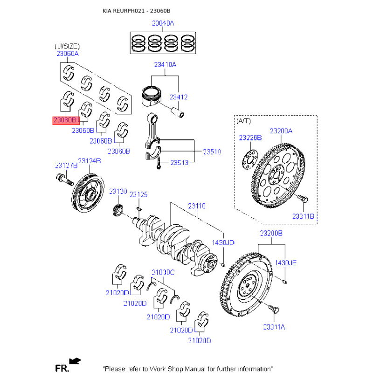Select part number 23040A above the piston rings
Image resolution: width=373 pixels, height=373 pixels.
coord(162,23)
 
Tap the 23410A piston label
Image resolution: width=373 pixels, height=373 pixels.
coord(165,65)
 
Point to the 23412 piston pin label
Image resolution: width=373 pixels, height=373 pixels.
coord(178,97)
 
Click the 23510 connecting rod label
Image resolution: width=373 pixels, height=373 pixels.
coord(212,152)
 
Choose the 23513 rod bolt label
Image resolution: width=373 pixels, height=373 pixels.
coord(179,163)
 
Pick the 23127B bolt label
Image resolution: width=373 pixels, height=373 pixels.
coord(65,165)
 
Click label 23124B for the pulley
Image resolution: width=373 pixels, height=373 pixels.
coord(89,161)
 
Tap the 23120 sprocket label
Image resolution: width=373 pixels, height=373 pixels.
coord(118,191)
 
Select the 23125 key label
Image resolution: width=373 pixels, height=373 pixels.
coord(138,194)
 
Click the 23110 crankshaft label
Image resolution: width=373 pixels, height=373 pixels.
coord(197,205)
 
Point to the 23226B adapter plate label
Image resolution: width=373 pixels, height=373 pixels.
coord(250,138)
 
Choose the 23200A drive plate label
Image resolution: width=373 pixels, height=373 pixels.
coord(281,131)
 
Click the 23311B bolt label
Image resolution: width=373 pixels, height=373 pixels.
coord(304,216)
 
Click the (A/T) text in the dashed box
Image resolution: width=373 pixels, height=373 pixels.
coord(243,121)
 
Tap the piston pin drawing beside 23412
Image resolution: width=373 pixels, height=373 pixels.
coord(178,112)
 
